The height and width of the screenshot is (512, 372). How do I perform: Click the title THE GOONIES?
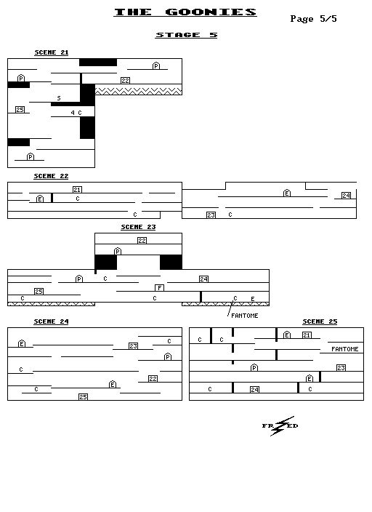[x=185, y=12]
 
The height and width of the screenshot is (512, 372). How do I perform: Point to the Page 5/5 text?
[x=313, y=19]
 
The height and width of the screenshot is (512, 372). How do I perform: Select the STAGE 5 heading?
[x=186, y=35]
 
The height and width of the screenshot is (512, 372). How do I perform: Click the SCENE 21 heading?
[x=52, y=52]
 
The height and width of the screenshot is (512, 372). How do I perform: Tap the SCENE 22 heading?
[x=51, y=176]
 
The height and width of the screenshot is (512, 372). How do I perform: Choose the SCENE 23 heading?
[x=138, y=227]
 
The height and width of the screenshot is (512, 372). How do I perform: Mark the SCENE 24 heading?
[x=52, y=321]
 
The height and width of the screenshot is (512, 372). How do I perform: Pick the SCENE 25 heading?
[x=320, y=321]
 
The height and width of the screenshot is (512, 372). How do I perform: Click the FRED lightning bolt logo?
[x=280, y=425]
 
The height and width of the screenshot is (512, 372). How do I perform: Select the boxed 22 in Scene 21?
[x=125, y=81]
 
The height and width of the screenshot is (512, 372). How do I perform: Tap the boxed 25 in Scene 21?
[x=20, y=110]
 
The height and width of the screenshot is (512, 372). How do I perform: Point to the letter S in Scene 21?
[x=59, y=98]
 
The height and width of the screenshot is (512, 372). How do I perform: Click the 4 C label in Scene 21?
[x=76, y=113]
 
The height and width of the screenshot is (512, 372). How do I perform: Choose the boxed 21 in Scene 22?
[x=77, y=190]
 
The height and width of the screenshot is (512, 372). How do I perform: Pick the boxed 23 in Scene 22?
[x=211, y=215]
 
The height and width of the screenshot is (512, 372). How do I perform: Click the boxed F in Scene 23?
[x=160, y=288]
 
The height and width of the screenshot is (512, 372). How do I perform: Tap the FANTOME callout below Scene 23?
[x=245, y=316]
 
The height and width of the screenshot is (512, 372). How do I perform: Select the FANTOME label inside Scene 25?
[x=345, y=349]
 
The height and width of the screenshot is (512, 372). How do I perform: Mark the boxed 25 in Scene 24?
[x=84, y=397]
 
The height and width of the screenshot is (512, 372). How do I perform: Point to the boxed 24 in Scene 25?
[x=255, y=390]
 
